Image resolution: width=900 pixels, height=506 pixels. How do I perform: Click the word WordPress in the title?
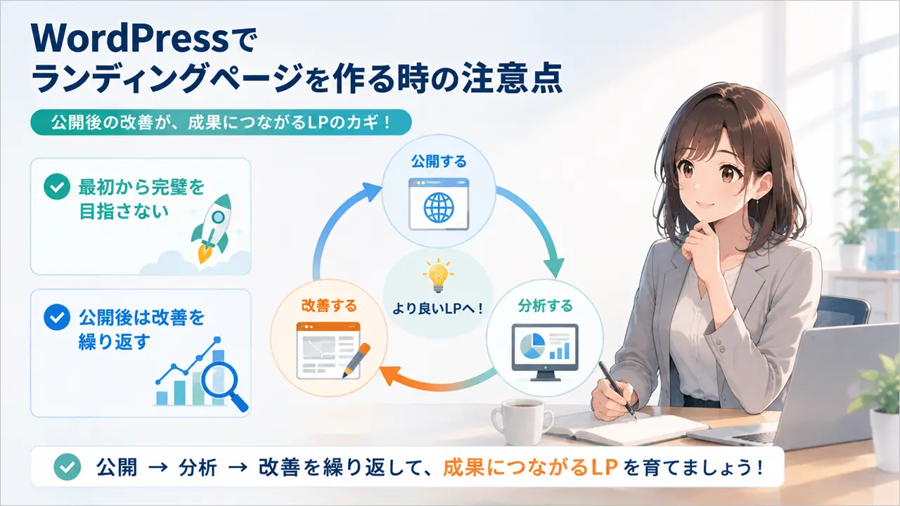tap(130, 39)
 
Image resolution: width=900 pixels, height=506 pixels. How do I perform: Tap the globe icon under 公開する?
tap(439, 207)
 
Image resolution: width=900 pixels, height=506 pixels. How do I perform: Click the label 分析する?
tap(545, 306)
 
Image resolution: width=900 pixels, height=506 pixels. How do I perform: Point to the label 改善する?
tap(329, 306)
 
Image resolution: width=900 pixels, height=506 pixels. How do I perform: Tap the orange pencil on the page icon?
tap(356, 360)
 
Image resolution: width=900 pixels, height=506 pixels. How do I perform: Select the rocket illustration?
tap(212, 228)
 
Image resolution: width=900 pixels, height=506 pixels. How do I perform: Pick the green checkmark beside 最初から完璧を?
tap(57, 187)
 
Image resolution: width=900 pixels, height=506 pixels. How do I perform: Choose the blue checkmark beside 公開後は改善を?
tap(57, 317)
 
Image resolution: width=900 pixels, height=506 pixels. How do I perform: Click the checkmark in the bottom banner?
tap(67, 467)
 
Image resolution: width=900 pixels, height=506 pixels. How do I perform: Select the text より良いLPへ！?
tap(437, 309)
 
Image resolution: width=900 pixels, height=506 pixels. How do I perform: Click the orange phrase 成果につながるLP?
tap(530, 467)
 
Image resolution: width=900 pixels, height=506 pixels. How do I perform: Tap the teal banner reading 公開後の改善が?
tap(221, 122)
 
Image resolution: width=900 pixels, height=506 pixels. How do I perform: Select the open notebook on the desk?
tap(626, 429)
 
